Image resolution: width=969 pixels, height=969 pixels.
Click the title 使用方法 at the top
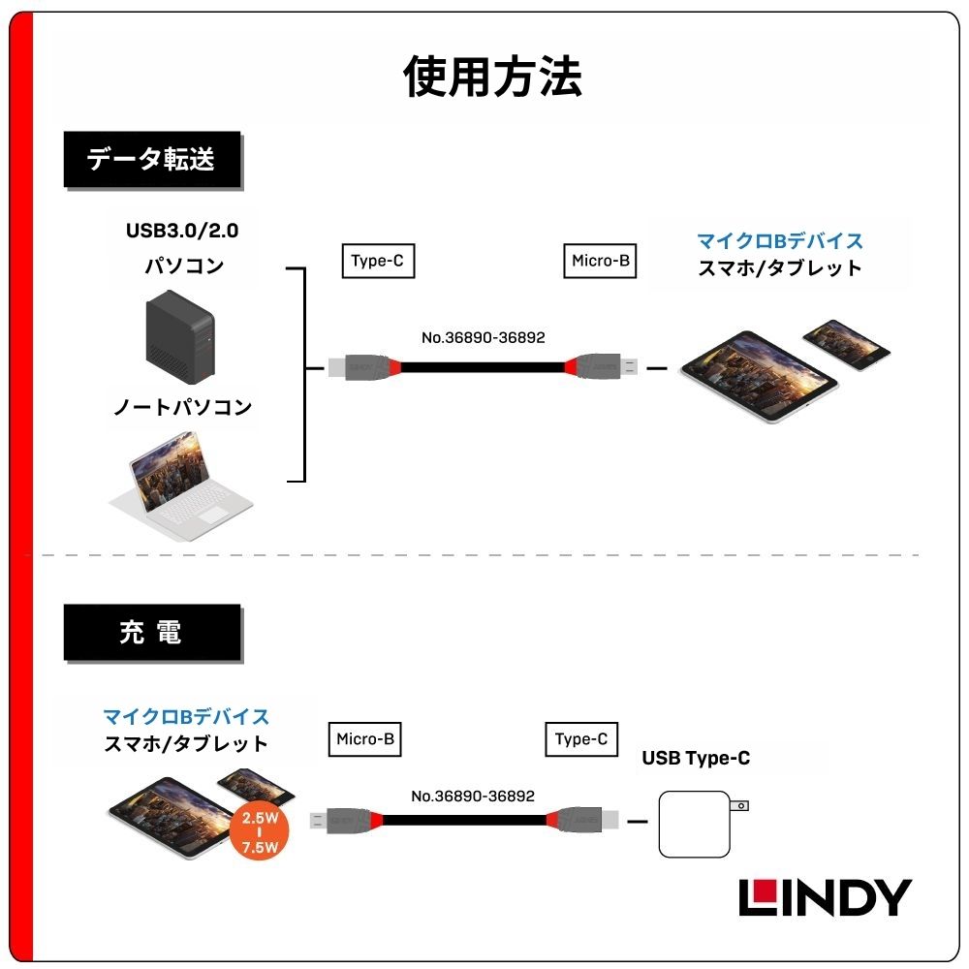click(492, 78)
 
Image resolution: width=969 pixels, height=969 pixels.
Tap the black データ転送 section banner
click(151, 160)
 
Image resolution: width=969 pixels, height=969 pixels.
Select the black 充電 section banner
click(151, 633)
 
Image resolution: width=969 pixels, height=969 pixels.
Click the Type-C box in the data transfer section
click(378, 261)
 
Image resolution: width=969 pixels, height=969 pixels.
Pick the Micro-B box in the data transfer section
click(600, 261)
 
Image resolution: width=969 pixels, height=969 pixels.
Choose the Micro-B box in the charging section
click(364, 739)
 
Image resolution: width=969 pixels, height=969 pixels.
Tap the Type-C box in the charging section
click(580, 739)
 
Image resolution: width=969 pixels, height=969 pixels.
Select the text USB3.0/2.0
click(181, 232)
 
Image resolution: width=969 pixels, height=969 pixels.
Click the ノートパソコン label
click(182, 407)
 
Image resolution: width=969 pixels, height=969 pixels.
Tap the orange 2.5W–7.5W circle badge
click(260, 830)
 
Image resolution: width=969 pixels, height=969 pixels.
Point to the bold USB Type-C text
click(696, 758)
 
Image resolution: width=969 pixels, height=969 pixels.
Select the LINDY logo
click(825, 898)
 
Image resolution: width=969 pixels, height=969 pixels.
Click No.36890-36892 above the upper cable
click(483, 338)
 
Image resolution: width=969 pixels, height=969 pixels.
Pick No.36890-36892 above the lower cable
click(472, 796)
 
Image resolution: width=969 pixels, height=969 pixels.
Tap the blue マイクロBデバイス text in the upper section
click(779, 240)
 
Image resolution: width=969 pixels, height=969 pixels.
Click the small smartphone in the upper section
click(846, 343)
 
